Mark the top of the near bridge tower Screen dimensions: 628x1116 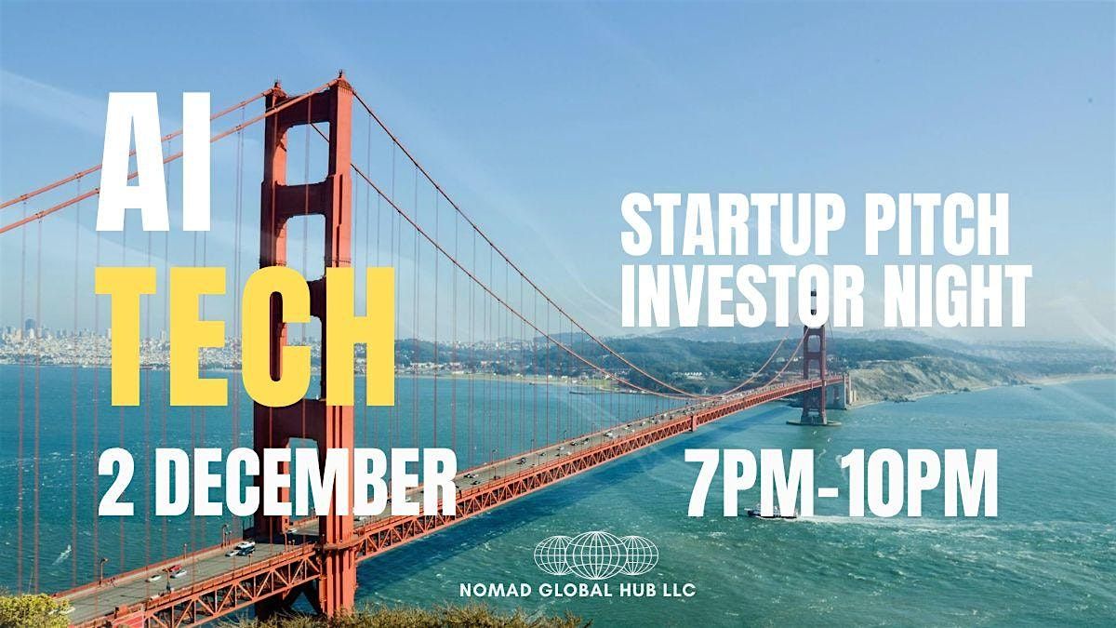click(x=308, y=93)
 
